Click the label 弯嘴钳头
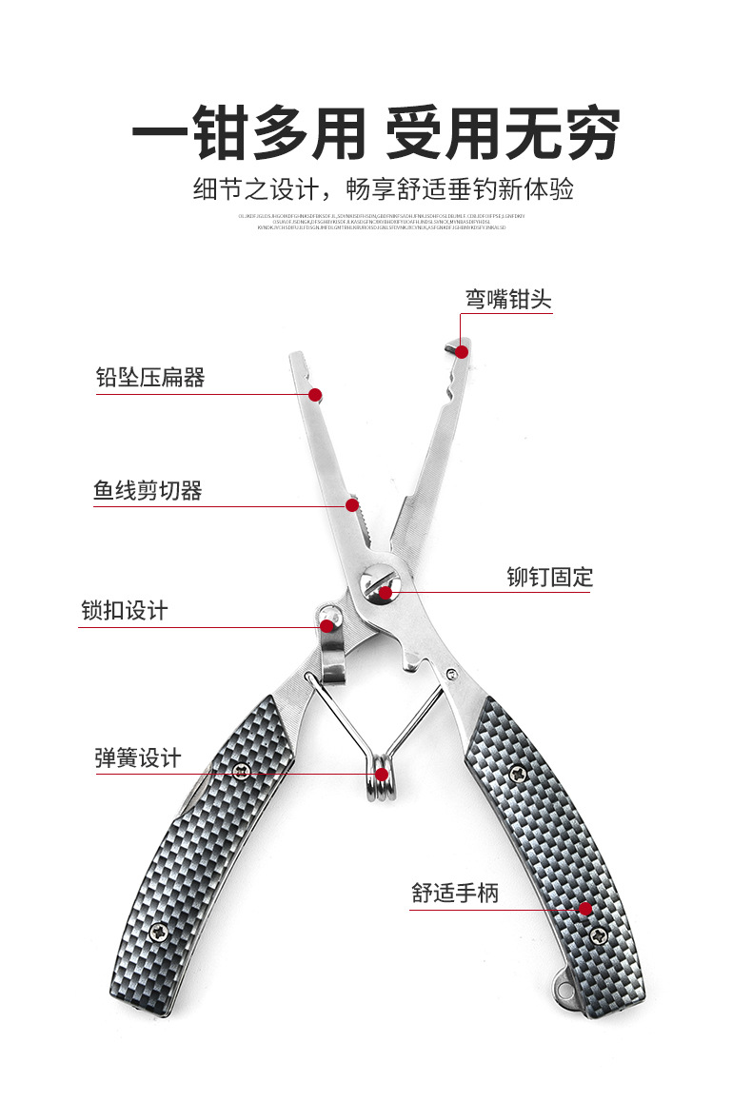507,300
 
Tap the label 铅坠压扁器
150,378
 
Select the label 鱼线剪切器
148,491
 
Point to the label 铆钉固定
549,577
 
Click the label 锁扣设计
124,610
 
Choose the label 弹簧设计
137,758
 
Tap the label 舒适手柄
454,893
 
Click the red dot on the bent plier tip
462,351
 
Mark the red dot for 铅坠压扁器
315,394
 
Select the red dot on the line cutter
351,505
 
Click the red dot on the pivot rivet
385,593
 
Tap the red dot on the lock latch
327,625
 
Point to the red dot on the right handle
584,909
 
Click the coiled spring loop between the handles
382,776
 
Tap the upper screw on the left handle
242,771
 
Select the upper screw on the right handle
516,772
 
